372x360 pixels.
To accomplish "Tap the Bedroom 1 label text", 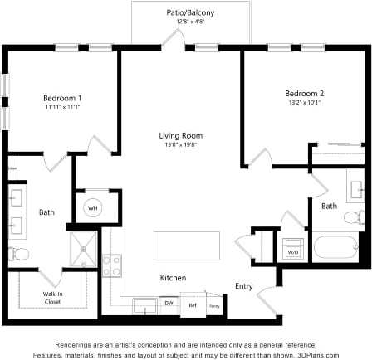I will pyautogui.click(x=61, y=99).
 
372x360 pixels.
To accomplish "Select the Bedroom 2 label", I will pyautogui.click(x=305, y=94).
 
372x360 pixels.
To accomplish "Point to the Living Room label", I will pyautogui.click(x=181, y=136).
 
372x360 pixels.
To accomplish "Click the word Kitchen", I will pyautogui.click(x=173, y=277).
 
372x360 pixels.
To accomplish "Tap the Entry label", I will pyautogui.click(x=244, y=286).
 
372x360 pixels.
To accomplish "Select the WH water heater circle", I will pyautogui.click(x=93, y=207).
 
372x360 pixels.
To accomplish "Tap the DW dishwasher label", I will pyautogui.click(x=169, y=304).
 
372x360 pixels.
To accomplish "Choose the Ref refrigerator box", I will pyautogui.click(x=193, y=305).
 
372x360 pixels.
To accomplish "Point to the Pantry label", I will pyautogui.click(x=213, y=305).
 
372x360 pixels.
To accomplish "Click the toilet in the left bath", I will pyautogui.click(x=17, y=253).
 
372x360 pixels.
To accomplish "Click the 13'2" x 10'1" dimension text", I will pyautogui.click(x=305, y=103).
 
